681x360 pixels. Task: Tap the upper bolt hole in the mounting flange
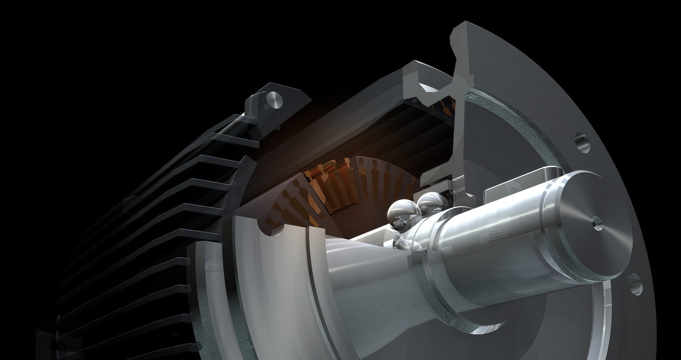click(582, 142)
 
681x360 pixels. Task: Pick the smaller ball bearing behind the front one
click(430, 204)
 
